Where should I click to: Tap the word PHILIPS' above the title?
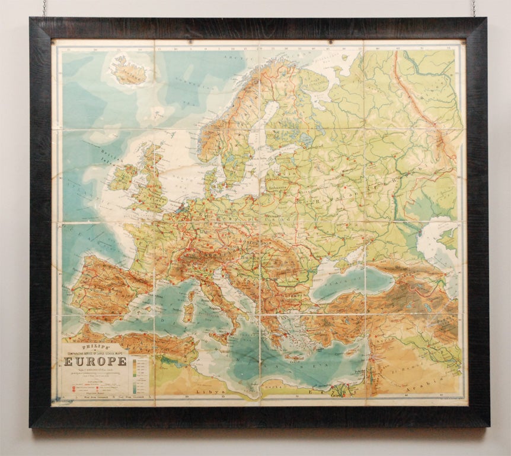[84, 345]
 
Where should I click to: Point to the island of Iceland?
[129, 71]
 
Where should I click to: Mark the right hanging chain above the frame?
[474, 8]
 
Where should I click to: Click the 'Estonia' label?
[283, 159]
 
